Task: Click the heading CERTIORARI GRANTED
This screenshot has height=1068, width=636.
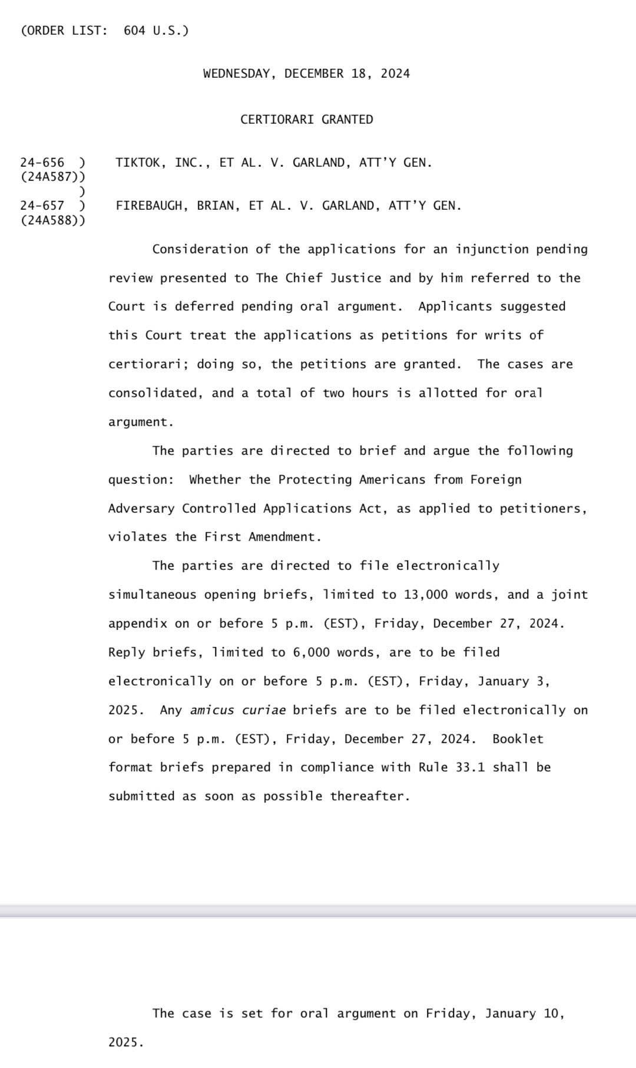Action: coord(306,120)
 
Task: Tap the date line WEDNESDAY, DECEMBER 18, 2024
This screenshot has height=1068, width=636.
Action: coord(306,74)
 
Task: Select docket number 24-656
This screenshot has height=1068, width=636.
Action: coord(42,163)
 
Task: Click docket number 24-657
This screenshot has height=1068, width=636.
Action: coord(42,206)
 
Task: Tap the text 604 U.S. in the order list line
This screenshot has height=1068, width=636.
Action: coord(156,31)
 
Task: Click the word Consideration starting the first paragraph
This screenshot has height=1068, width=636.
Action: coord(200,249)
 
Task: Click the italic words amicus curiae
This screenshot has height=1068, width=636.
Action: coord(238,710)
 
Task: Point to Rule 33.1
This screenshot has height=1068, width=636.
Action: coord(452,767)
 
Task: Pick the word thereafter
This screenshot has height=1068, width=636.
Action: coord(369,796)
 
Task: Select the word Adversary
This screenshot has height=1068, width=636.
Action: coord(141,509)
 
